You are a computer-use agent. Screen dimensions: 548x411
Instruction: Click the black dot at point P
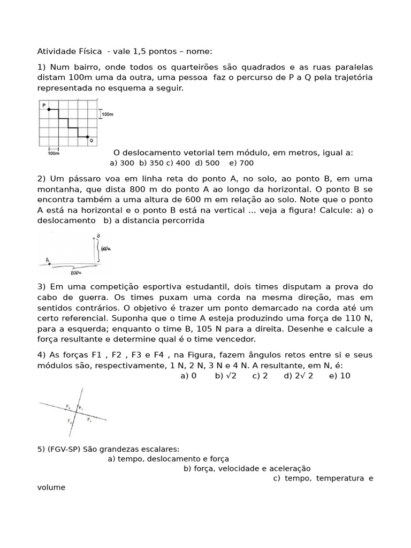coord(49,109)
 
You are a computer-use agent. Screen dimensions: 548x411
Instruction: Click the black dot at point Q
coord(87,137)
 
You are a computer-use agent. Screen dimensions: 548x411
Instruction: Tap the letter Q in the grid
coord(92,141)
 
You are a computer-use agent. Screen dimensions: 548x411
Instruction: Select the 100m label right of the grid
coord(108,115)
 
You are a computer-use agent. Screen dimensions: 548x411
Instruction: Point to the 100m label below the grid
coord(54,153)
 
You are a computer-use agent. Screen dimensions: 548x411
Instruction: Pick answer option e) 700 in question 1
coord(241,163)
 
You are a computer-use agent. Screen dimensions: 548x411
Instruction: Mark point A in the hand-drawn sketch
coord(48,261)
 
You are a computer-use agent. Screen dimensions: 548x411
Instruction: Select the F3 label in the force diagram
coord(70,421)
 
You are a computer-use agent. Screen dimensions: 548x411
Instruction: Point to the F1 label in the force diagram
coord(81,408)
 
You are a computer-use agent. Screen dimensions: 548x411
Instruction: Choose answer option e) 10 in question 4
coord(340,376)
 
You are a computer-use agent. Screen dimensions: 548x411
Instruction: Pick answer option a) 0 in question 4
coord(189,376)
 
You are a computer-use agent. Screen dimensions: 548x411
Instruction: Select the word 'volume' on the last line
coord(51,487)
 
